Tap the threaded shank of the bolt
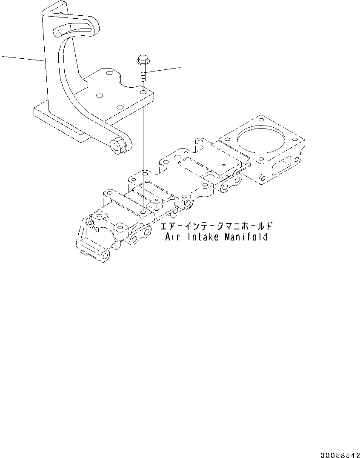tap(142, 74)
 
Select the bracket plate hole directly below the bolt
tap(143, 91)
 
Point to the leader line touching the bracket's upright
tap(23, 59)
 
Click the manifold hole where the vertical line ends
tap(143, 212)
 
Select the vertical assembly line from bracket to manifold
tap(143, 153)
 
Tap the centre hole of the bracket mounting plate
tap(101, 96)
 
